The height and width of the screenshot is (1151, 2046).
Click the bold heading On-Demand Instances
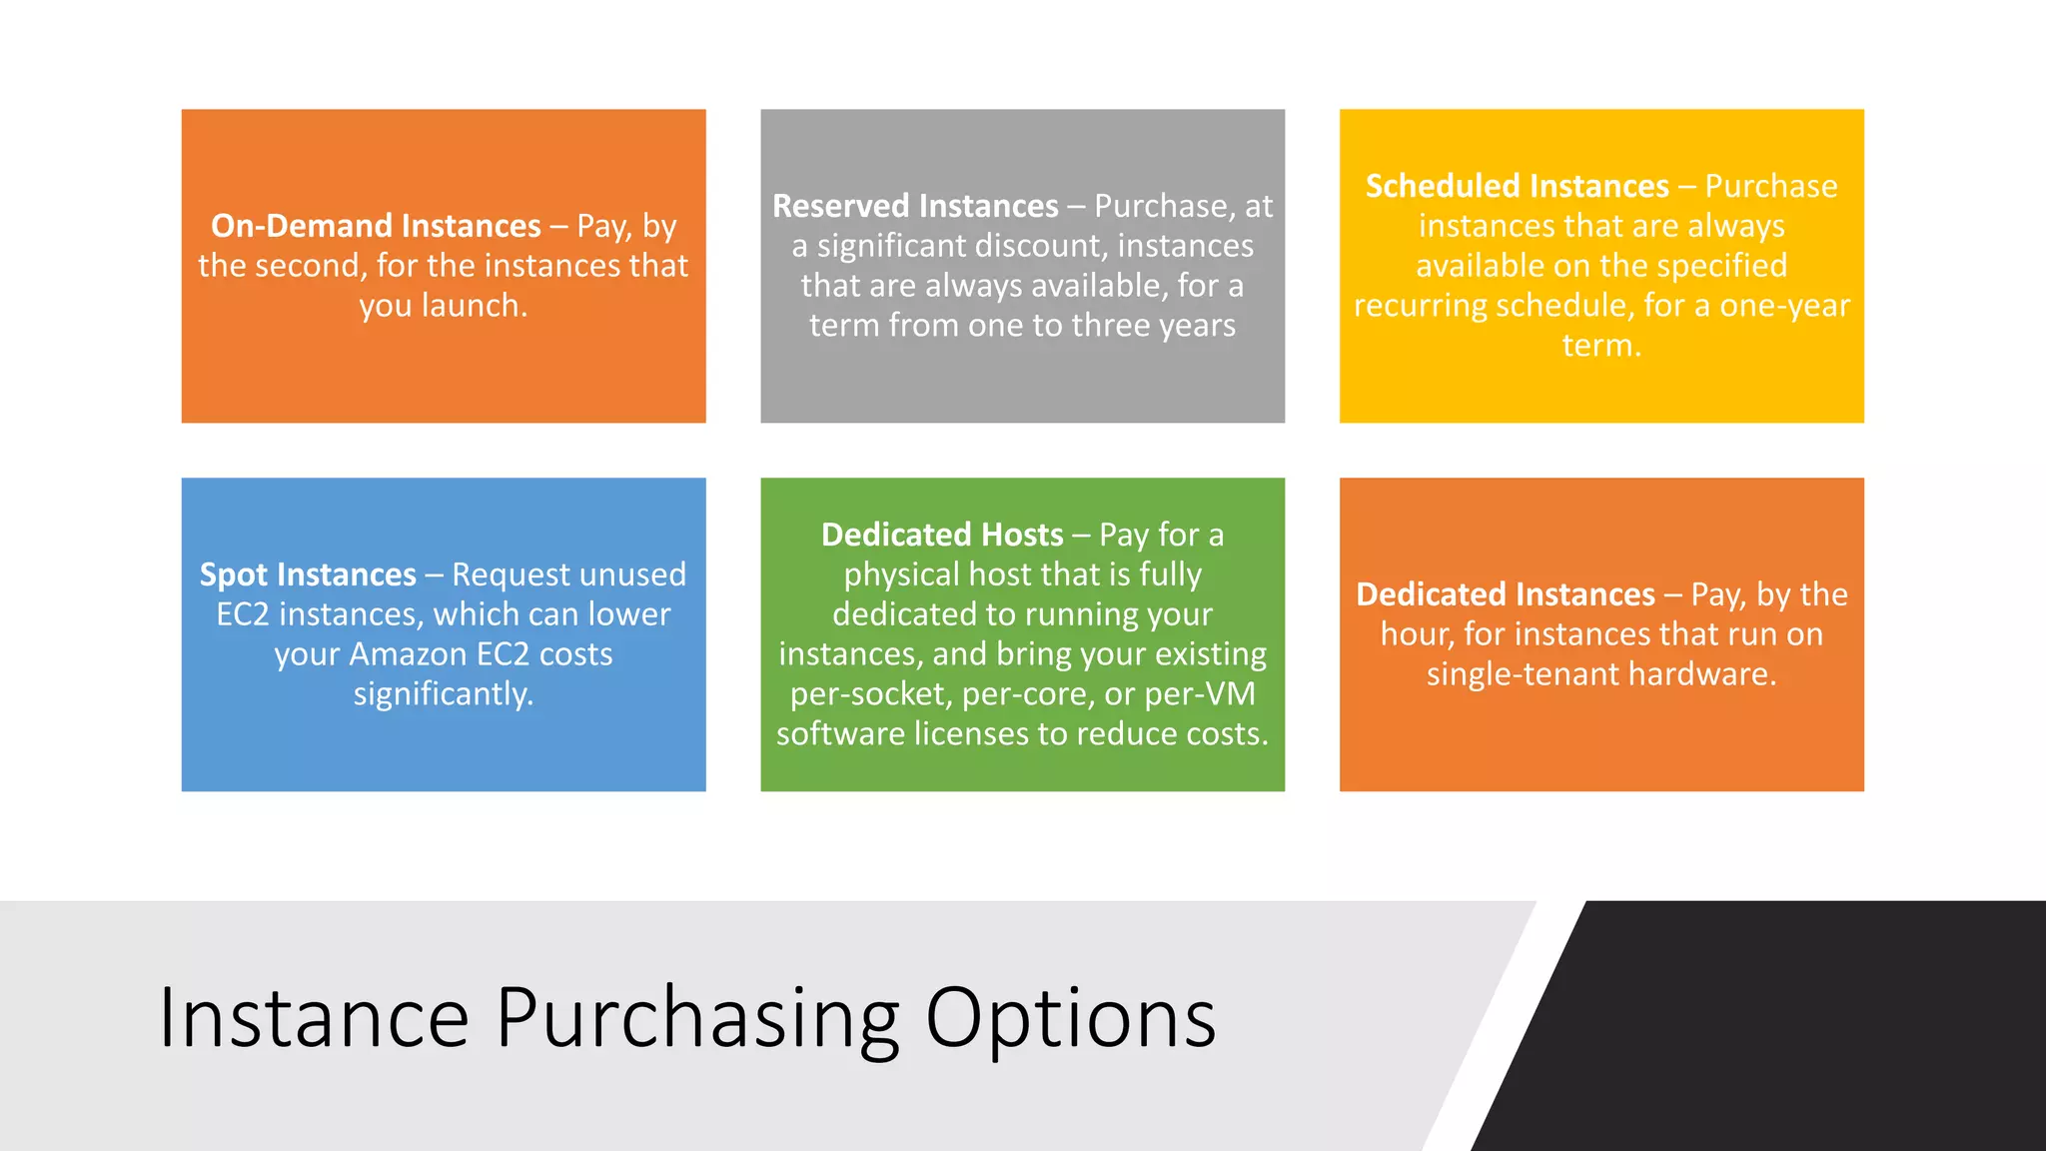[x=376, y=226]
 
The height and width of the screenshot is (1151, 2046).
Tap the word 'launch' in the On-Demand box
[x=474, y=306]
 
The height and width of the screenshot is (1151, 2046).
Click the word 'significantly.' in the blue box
[x=444, y=694]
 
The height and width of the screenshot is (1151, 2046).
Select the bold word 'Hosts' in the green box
[x=1022, y=535]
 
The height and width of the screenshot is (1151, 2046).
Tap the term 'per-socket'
[x=869, y=694]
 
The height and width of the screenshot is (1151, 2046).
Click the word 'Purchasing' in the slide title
[x=697, y=1018]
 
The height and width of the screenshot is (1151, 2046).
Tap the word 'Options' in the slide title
[x=1070, y=1018]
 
